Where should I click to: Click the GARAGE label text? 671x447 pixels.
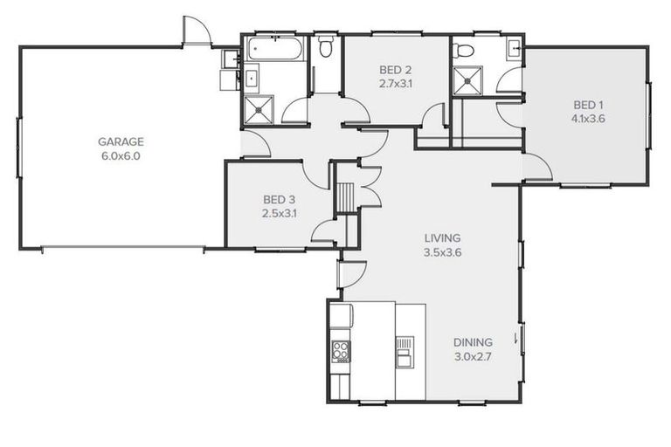click(x=120, y=141)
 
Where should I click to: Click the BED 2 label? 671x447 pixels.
click(x=395, y=70)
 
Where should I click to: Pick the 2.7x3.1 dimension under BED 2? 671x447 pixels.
click(x=395, y=85)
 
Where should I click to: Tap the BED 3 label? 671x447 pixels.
click(x=279, y=198)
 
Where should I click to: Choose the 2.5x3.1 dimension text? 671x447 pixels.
click(x=279, y=212)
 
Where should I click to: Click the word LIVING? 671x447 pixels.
click(x=442, y=237)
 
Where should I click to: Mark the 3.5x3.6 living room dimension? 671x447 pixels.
click(x=442, y=252)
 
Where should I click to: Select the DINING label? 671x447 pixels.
click(x=473, y=342)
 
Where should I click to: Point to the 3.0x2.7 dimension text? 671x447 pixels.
click(x=473, y=357)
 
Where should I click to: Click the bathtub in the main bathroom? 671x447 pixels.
click(x=274, y=49)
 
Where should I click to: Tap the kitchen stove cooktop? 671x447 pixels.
click(x=341, y=351)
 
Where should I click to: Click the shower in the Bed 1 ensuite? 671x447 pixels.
click(x=472, y=81)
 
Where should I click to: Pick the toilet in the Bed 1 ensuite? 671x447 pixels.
click(x=463, y=51)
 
